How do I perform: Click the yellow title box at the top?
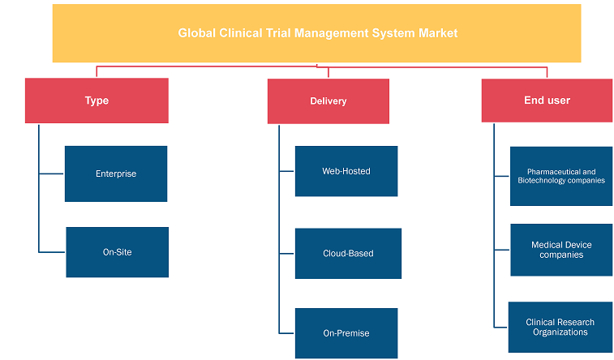point(317,33)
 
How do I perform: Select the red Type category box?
point(97,101)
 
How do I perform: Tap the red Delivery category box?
point(328,101)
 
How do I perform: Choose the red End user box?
point(547,101)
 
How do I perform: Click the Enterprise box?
point(116,174)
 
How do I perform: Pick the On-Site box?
point(117,252)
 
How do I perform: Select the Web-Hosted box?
point(346,171)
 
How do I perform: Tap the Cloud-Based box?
point(348,254)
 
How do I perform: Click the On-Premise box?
point(346,333)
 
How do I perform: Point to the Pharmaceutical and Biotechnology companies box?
point(561,176)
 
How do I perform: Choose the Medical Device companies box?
point(561,250)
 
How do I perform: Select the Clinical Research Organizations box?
point(560,327)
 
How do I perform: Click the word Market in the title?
point(438,33)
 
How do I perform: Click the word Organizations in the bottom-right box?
point(560,332)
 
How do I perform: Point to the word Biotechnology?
point(539,180)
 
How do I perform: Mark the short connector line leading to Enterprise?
point(51,174)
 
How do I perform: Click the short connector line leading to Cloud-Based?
point(286,254)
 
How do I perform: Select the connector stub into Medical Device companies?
point(501,250)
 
